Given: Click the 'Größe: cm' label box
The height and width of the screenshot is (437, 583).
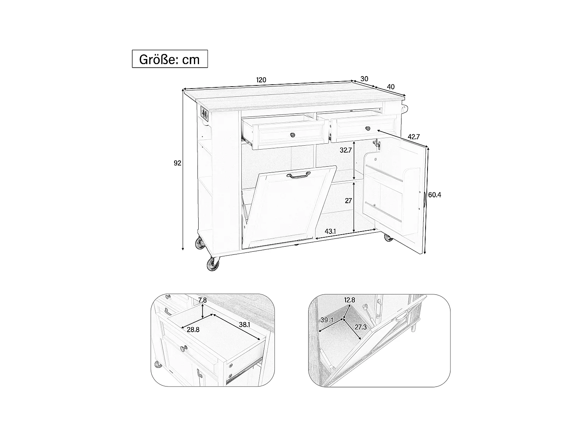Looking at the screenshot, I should point(169,59).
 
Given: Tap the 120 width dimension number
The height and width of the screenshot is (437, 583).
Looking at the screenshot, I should point(261,80).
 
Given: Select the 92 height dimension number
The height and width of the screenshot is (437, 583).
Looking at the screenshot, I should point(178,163).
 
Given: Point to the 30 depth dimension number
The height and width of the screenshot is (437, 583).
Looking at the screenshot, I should point(364,79).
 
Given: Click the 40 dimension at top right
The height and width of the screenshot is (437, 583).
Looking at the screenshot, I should point(391,87).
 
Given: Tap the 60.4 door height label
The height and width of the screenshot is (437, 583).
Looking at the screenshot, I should point(435,195).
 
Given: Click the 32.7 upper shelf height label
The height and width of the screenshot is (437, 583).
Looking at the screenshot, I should point(346,150).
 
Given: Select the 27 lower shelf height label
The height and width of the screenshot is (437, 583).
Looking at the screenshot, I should point(348,201).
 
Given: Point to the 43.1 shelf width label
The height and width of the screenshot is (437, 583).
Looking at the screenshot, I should point(330,232).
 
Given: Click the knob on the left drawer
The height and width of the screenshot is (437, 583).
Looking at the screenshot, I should point(292,135).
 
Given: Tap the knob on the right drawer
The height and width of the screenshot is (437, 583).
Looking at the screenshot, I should point(367,128).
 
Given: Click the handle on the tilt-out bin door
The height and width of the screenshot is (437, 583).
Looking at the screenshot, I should point(298,176).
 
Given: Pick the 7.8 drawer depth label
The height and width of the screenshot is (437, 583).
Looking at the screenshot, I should point(202,300).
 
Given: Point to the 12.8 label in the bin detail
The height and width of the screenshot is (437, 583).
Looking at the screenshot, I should point(349,300).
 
